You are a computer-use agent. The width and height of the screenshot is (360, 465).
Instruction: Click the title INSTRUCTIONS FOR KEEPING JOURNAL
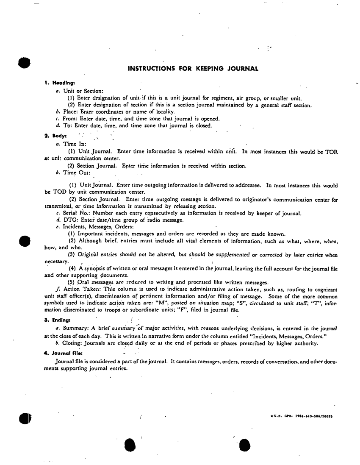[x=193, y=68]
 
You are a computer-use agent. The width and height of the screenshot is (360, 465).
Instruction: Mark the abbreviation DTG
[x=70, y=220]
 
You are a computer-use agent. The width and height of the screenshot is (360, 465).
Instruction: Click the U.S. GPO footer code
[x=302, y=416]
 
